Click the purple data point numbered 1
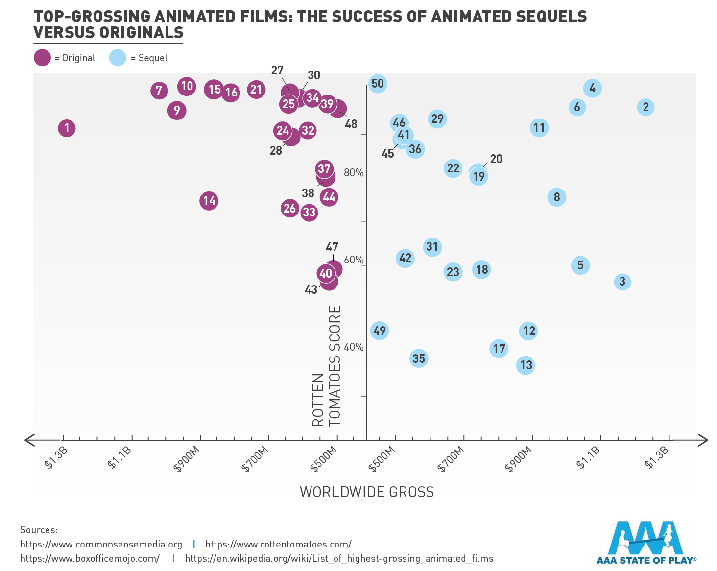click(67, 128)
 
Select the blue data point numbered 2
click(645, 107)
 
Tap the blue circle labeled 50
click(378, 84)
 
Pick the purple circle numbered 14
click(209, 201)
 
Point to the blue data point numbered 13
click(526, 365)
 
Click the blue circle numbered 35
click(419, 358)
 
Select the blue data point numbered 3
click(622, 282)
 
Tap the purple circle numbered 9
click(177, 111)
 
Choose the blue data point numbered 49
click(380, 331)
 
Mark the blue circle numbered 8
click(557, 197)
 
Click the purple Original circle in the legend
click(42, 58)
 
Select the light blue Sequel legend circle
click(118, 58)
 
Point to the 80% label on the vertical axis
click(354, 173)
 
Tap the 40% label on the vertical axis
click(354, 347)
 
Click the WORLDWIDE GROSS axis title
click(367, 492)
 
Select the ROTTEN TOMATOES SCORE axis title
click(326, 366)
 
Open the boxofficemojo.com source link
click(90, 558)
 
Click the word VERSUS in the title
click(64, 33)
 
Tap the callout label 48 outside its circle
click(351, 124)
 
